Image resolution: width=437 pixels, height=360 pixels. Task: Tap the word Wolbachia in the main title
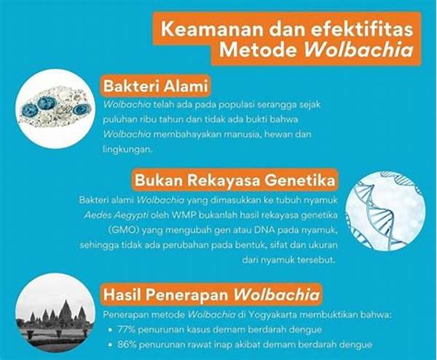tap(358, 51)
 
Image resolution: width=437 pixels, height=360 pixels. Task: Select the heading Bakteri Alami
tap(156, 86)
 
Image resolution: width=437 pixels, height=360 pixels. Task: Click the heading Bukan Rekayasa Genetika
tap(235, 180)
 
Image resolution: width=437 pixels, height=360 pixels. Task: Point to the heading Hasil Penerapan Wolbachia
tap(211, 294)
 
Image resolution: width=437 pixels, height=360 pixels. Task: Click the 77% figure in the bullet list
tap(126, 329)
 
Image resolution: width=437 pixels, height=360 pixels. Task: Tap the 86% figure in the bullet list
tap(127, 345)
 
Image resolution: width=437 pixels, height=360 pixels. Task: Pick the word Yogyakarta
tap(273, 315)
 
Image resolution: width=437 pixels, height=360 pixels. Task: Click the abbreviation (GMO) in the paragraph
tap(124, 230)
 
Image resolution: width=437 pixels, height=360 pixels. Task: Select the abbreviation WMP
tap(184, 215)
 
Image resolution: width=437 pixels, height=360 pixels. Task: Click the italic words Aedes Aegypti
tap(117, 216)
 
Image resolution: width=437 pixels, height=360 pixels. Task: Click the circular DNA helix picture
tap(385, 211)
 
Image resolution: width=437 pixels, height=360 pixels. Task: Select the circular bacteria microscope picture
tap(55, 108)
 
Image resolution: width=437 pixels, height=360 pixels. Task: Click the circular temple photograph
tap(55, 313)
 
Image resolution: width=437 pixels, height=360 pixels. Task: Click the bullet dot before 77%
tap(111, 330)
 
